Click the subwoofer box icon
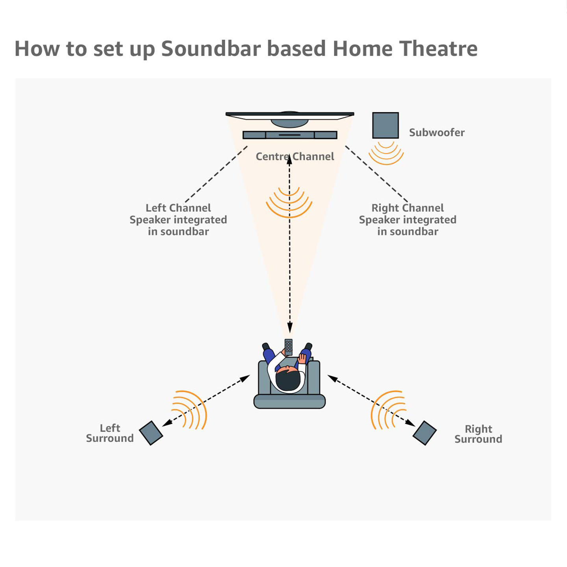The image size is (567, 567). pyautogui.click(x=385, y=126)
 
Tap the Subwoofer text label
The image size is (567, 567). pyautogui.click(x=437, y=133)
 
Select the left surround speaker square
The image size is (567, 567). pyautogui.click(x=151, y=433)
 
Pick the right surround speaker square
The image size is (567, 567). pyautogui.click(x=424, y=433)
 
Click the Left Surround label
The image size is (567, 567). pyautogui.click(x=110, y=433)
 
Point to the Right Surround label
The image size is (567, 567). pyautogui.click(x=478, y=434)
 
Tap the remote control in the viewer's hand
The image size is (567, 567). pyautogui.click(x=289, y=347)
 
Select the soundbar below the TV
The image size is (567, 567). pyautogui.click(x=290, y=135)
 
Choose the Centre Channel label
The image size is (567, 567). pyautogui.click(x=295, y=157)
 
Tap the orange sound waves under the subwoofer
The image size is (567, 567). pyautogui.click(x=386, y=153)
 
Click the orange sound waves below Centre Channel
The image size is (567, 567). pyautogui.click(x=289, y=203)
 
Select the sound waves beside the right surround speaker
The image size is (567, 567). pyautogui.click(x=387, y=409)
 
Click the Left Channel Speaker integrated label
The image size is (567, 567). pyautogui.click(x=178, y=220)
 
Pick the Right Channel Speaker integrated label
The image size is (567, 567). pyautogui.click(x=408, y=220)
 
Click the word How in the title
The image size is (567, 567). pyautogui.click(x=37, y=49)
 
